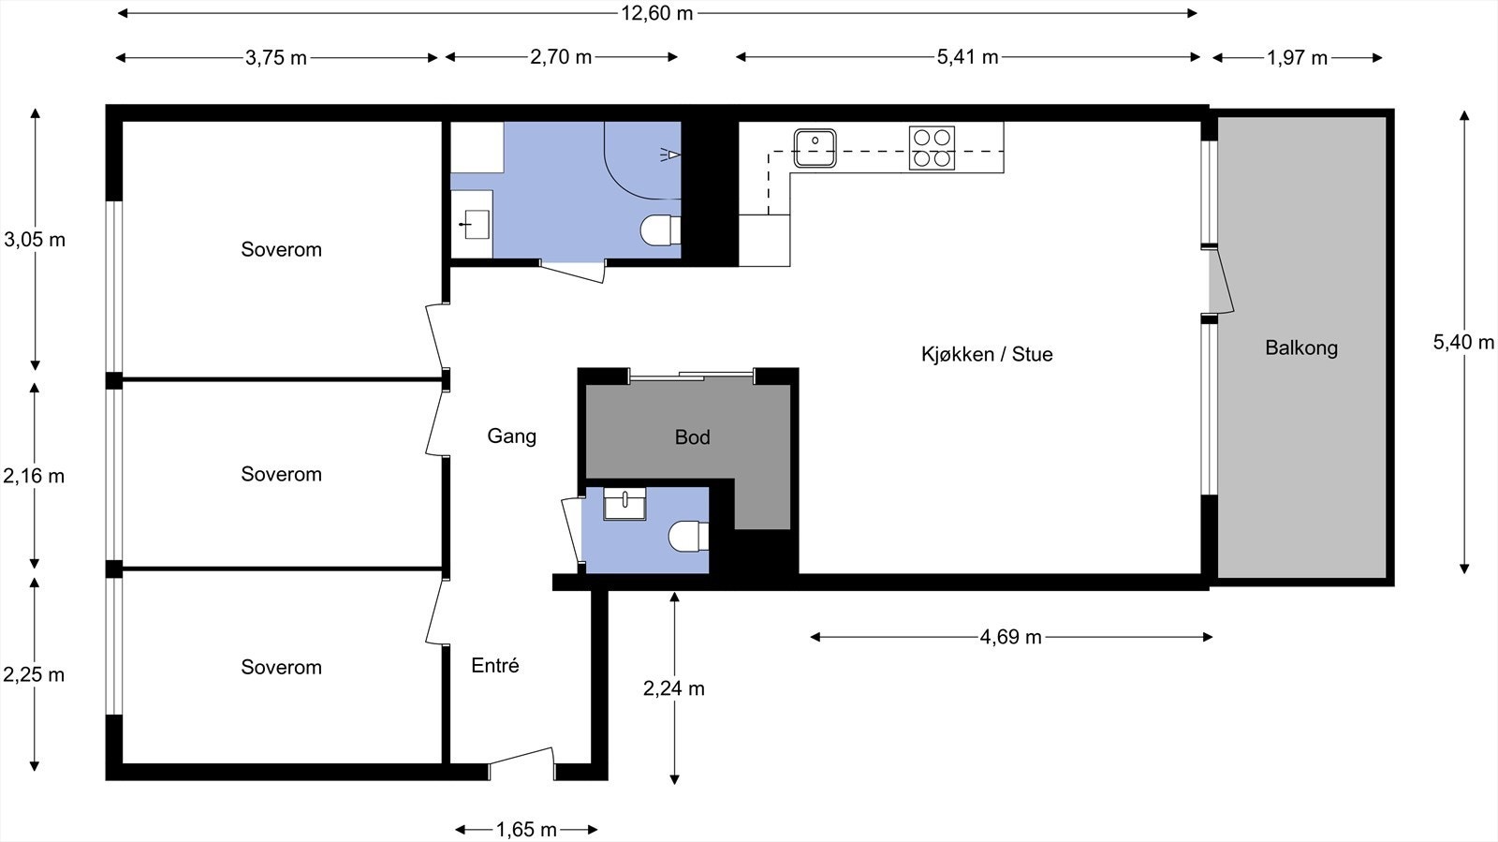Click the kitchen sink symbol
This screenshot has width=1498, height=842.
[815, 148]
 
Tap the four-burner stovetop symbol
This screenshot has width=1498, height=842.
[932, 148]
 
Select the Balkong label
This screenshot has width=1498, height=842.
[1301, 347]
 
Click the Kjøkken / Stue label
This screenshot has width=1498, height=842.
[987, 354]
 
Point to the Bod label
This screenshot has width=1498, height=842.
[692, 437]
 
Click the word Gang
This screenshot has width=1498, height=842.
[511, 436]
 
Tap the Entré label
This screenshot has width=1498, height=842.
[495, 665]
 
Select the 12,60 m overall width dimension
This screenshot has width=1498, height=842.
[656, 13]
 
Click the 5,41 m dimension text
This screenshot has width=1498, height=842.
[967, 57]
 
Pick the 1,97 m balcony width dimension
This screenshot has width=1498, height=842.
[1297, 58]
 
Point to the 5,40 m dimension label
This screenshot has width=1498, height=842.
[1463, 343]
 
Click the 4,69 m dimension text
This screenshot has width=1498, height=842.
[1010, 637]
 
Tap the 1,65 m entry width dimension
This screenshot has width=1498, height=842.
[526, 830]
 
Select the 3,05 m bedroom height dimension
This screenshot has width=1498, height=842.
[35, 240]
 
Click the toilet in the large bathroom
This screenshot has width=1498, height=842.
[660, 230]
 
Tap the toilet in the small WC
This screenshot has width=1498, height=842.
[688, 537]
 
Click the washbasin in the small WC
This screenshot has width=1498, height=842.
[624, 504]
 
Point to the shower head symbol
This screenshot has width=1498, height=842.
[670, 155]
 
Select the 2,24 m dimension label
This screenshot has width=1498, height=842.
[674, 688]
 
